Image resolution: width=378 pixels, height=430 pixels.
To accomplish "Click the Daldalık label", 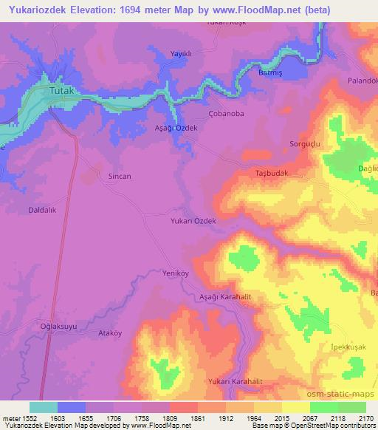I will [44, 211].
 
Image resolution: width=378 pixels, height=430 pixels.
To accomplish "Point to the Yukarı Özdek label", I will [193, 221].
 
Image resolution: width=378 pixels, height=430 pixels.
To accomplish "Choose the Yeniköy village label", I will [177, 273].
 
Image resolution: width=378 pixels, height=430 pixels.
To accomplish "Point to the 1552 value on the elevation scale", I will [28, 417].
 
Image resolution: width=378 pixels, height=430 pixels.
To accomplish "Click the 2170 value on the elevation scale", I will [363, 417].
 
